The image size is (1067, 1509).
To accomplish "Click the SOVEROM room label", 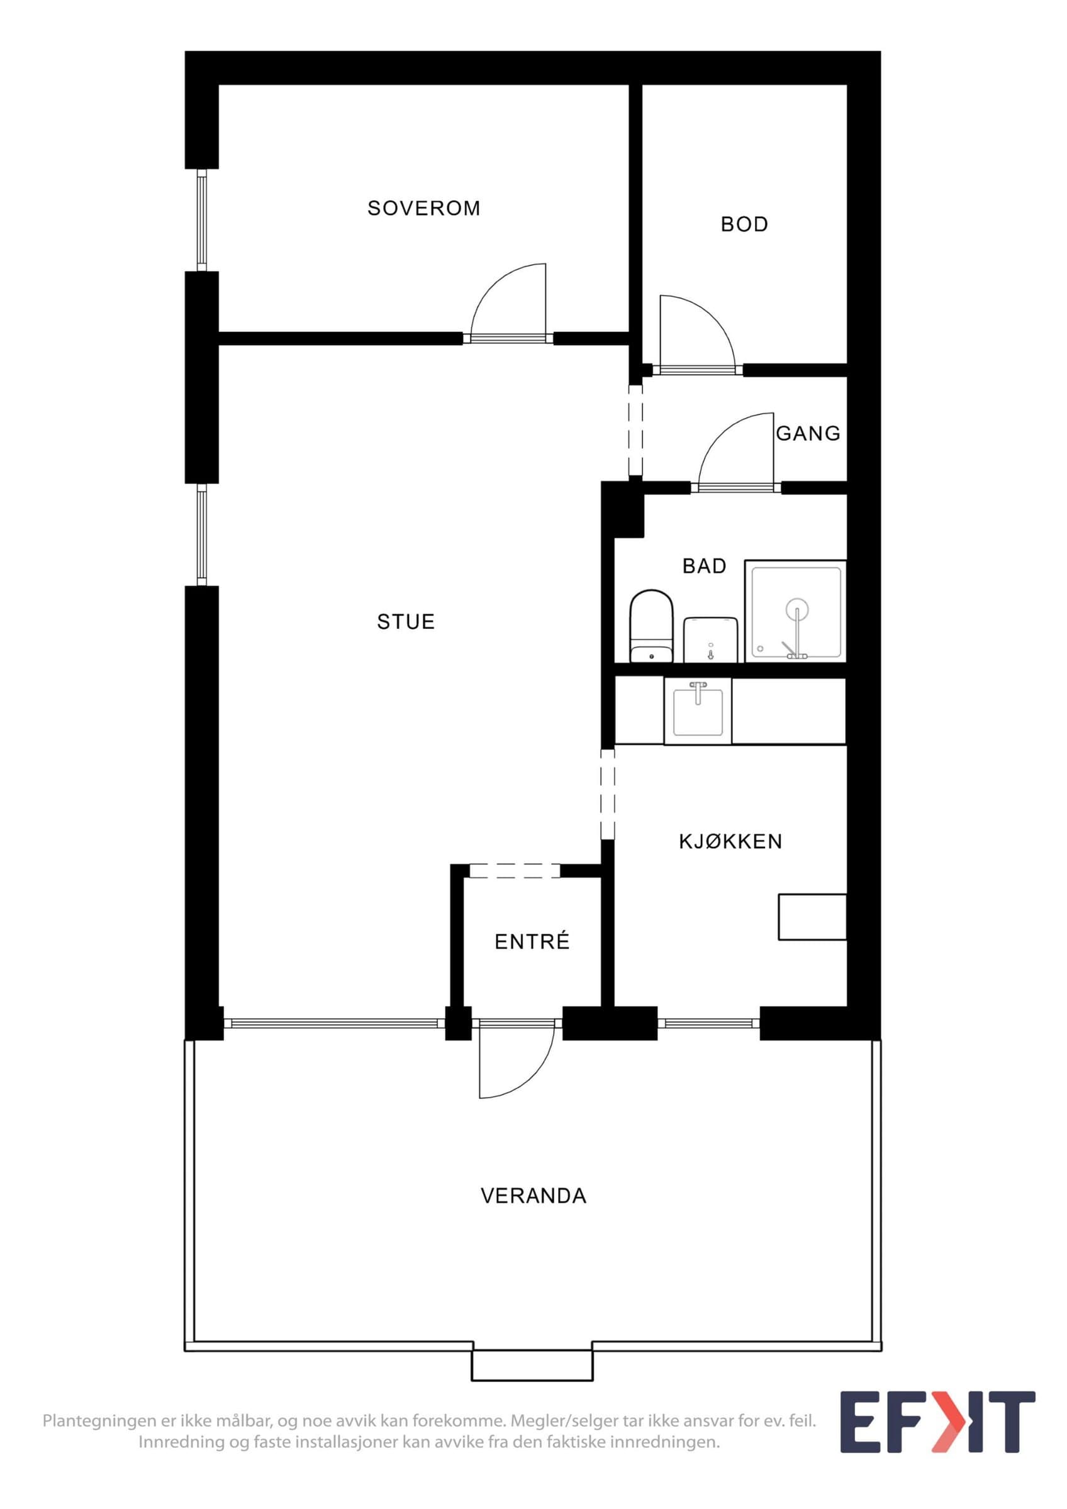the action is pyautogui.click(x=423, y=208).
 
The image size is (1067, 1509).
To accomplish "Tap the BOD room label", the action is pyautogui.click(x=744, y=224).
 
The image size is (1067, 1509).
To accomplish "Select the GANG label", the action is pyautogui.click(x=808, y=433).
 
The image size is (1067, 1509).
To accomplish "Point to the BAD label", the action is pyautogui.click(x=704, y=566).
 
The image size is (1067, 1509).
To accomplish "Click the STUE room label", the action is pyautogui.click(x=406, y=622).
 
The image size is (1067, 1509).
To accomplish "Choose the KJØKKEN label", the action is pyautogui.click(x=730, y=841).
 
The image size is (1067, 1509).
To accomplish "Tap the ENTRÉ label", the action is pyautogui.click(x=532, y=942).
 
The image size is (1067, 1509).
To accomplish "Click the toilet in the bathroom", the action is pyautogui.click(x=652, y=626).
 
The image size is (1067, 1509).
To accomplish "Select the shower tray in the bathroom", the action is pyautogui.click(x=795, y=611).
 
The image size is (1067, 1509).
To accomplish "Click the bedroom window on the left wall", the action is pyautogui.click(x=202, y=220).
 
